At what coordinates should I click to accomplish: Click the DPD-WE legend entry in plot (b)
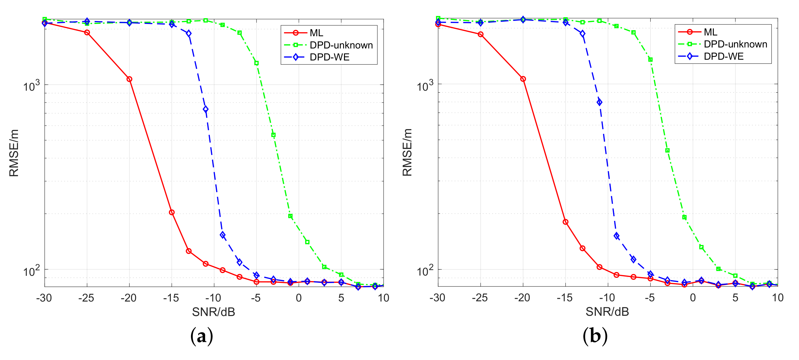point(723,56)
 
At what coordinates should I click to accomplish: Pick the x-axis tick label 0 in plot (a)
point(298,298)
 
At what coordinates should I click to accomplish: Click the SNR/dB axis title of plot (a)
point(213,312)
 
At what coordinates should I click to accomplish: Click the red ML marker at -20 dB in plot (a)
point(129,79)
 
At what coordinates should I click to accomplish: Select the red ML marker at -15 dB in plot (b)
point(565,222)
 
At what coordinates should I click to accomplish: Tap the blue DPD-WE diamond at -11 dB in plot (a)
point(205,109)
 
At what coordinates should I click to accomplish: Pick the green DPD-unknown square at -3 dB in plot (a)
point(273,135)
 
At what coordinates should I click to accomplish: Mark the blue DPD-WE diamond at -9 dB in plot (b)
point(617,236)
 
